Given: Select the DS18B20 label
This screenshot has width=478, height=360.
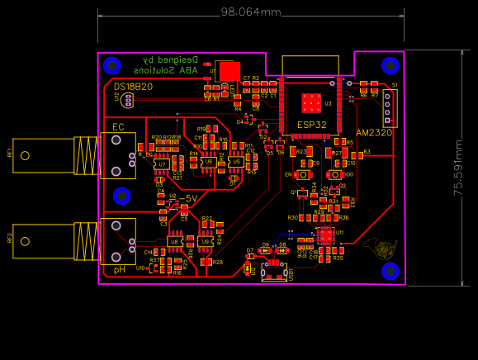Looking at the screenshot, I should [x=133, y=87].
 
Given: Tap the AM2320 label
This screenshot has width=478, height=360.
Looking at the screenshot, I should [x=374, y=132].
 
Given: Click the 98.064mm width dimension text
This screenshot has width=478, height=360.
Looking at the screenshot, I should [x=250, y=12].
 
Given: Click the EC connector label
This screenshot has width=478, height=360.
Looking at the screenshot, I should [x=117, y=126].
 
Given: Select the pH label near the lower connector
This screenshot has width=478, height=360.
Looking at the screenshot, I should [x=119, y=270].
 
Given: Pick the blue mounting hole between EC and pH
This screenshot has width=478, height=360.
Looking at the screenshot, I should [x=122, y=196].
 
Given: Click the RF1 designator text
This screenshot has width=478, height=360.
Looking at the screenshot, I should [x=10, y=154].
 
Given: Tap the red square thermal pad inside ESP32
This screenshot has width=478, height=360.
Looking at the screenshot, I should [x=311, y=102].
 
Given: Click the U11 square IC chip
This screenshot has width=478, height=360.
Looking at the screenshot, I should [x=326, y=234].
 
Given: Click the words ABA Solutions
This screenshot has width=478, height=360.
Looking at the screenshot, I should [x=170, y=71].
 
